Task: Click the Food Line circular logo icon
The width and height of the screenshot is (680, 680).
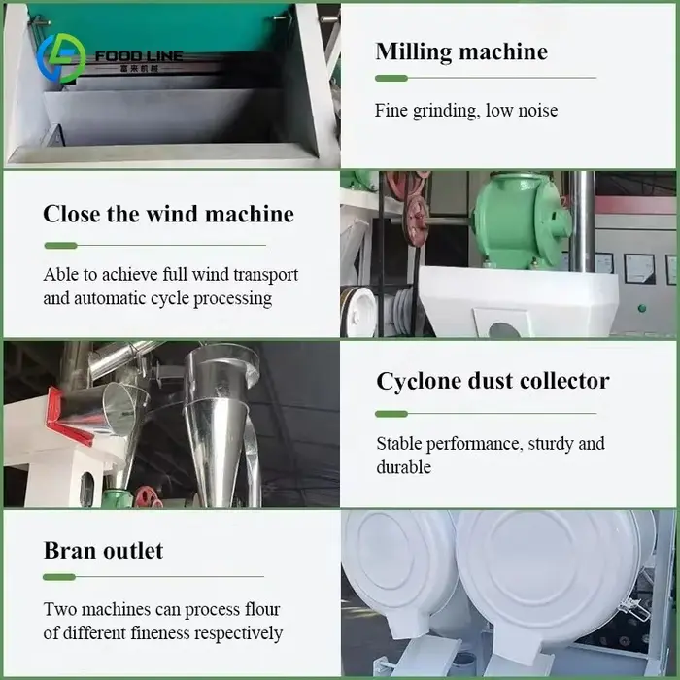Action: coord(61,57)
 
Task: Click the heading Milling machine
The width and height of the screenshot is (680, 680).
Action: coord(461,51)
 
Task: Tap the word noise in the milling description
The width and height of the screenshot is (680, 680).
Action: coord(538,111)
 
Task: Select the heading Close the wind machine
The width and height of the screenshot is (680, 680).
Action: coord(168,214)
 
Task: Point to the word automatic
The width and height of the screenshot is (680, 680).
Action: coord(110,298)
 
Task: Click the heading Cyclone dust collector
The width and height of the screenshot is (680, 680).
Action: coord(493,381)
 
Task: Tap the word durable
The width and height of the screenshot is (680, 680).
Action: coord(404,467)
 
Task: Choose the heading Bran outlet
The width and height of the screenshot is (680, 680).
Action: coord(103,551)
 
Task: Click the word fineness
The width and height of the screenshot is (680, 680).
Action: coord(160,633)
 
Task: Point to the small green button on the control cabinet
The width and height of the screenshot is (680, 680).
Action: coord(642,308)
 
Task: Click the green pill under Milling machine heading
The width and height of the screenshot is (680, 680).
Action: coord(391,78)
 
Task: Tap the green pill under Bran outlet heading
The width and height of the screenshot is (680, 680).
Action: coord(59,577)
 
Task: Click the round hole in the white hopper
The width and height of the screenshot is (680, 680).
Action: coord(505,329)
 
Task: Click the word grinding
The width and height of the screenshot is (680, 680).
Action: coord(446,111)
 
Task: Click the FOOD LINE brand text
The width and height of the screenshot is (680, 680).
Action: coord(139,56)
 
